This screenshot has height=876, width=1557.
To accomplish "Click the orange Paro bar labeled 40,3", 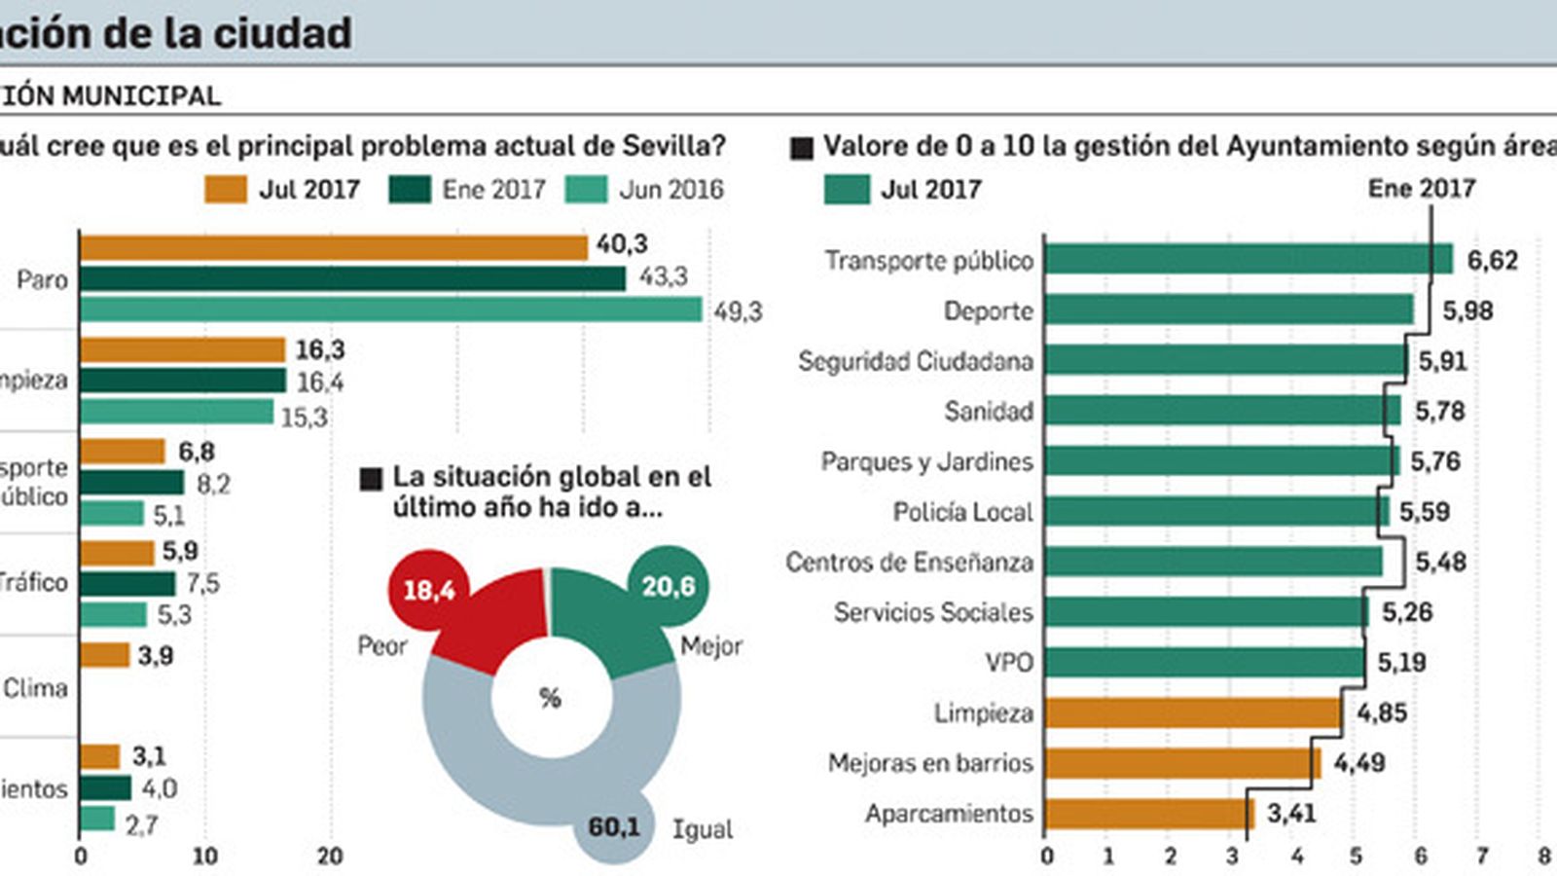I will [333, 248].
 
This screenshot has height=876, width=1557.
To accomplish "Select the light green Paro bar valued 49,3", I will [389, 310].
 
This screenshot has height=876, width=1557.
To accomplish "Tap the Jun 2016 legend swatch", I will [586, 189].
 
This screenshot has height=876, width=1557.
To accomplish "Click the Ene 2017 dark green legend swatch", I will [409, 189].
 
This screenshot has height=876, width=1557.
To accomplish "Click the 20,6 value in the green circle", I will [668, 586].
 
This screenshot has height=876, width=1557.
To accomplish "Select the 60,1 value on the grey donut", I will [613, 827].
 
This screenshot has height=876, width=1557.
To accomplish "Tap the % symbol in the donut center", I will [550, 698].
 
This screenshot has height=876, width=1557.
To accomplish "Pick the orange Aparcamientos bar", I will [1148, 814].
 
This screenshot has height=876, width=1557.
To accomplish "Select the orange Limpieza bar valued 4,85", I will [1192, 712].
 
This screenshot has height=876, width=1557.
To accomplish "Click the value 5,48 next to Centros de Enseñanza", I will [1440, 562].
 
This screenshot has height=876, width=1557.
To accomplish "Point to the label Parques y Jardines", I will [926, 461].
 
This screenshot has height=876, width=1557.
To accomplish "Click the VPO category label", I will [1008, 663].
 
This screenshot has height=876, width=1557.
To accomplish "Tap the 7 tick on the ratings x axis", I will [1482, 857].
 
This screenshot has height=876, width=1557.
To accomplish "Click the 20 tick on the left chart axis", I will [330, 857].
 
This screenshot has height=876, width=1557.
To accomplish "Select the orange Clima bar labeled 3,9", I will [104, 655].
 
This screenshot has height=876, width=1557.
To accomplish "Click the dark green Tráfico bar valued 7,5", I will [127, 584].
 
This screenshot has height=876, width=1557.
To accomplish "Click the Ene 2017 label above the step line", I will [1421, 188].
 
